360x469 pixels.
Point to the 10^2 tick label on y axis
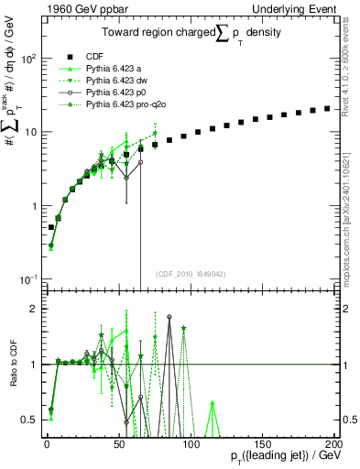pos(27,59)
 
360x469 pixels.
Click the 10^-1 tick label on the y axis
pos(27,279)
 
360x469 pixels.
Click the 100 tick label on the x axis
pos(190,442)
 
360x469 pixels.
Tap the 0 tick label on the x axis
pos(47,442)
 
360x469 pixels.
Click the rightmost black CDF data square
pos(328,108)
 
